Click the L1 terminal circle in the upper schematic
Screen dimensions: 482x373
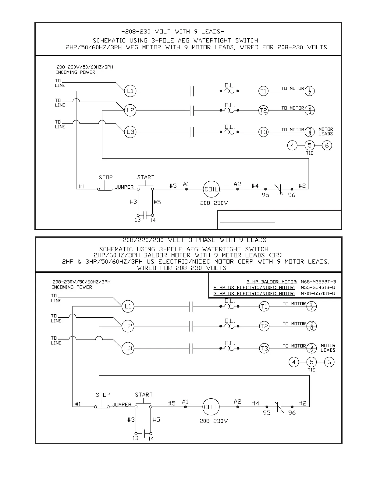pyautogui.click(x=130, y=91)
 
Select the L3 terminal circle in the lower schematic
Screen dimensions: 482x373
pyautogui.click(x=128, y=348)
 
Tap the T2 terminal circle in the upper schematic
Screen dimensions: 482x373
pyautogui.click(x=263, y=110)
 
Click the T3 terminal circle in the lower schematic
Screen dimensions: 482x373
pyautogui.click(x=264, y=348)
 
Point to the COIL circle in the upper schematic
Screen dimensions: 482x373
pyautogui.click(x=211, y=189)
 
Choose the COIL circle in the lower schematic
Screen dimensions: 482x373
pyautogui.click(x=211, y=407)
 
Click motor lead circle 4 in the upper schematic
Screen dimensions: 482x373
pyautogui.click(x=292, y=145)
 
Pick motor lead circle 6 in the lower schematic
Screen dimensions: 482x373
pyautogui.click(x=329, y=362)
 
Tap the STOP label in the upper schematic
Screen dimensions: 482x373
pyautogui.click(x=106, y=177)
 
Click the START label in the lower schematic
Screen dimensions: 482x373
pyautogui.click(x=144, y=395)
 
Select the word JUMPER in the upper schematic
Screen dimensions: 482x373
pyautogui.click(x=124, y=187)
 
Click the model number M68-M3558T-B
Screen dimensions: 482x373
pyautogui.click(x=318, y=282)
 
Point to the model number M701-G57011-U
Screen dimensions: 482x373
pyautogui.click(x=318, y=294)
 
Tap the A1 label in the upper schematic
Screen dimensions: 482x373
pyautogui.click(x=186, y=184)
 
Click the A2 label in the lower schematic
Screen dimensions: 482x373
pyautogui.click(x=237, y=402)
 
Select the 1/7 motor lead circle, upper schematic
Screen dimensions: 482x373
pyautogui.click(x=310, y=91)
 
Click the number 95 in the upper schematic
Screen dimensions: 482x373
pyautogui.click(x=265, y=195)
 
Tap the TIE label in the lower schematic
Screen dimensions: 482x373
pyautogui.click(x=311, y=370)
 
